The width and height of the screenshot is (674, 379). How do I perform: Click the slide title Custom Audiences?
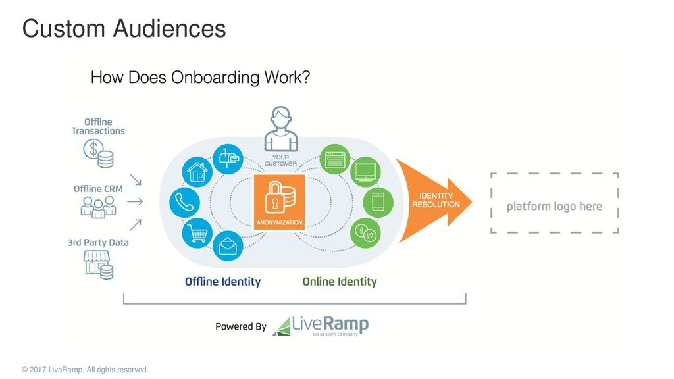click(124, 28)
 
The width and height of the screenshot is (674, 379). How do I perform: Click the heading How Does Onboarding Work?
click(200, 78)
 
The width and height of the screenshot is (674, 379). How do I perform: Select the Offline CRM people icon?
click(98, 208)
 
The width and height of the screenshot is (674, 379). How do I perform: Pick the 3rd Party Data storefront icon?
click(98, 265)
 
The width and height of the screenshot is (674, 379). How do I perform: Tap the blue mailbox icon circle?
click(228, 158)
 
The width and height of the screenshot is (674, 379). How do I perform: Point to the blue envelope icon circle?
click(228, 247)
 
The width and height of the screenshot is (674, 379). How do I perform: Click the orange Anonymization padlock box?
click(279, 202)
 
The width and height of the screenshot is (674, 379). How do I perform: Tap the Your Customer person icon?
click(281, 130)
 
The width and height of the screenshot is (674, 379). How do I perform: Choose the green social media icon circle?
click(365, 232)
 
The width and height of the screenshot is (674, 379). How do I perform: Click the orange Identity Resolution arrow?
click(435, 201)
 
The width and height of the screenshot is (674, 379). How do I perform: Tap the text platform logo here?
click(554, 206)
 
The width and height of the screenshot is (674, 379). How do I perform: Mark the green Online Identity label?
click(340, 282)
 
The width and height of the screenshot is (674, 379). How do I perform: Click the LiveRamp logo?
click(321, 326)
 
